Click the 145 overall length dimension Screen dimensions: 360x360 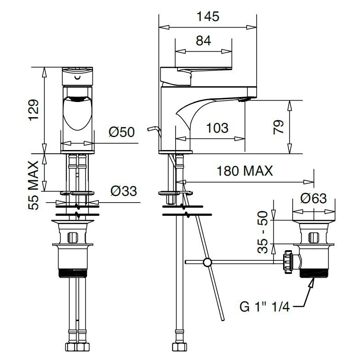pos(208,17)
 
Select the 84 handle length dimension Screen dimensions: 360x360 pos(204,41)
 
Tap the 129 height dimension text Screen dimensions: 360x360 pos(33,110)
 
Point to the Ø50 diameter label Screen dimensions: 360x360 pos(122,132)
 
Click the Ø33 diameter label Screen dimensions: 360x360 pos(124,191)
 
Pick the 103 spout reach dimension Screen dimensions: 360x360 pos(217,128)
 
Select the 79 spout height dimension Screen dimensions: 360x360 pos(279,127)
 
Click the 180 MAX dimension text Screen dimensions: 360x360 pos(245,171)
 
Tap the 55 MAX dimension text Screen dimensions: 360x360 pos(33,185)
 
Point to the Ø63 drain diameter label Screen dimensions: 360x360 pos(313,199)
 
